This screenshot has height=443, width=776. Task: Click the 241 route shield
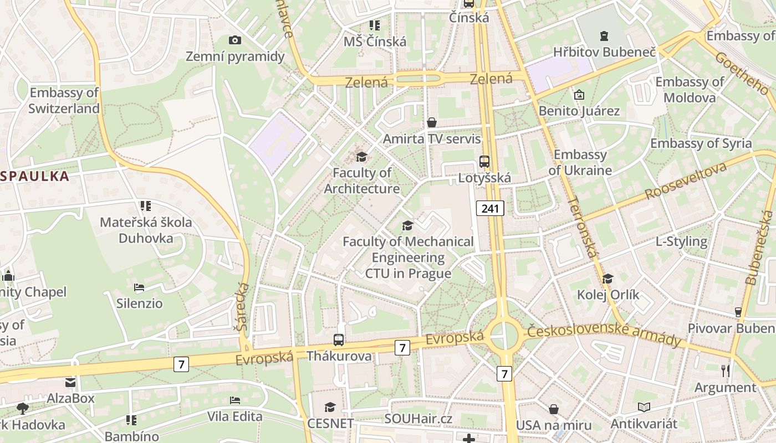click(490, 209)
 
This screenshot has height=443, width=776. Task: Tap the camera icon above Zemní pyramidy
click(235, 40)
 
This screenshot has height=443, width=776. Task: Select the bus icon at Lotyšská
click(484, 162)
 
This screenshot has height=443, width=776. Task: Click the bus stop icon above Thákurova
click(339, 340)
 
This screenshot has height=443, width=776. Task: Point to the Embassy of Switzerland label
click(64, 101)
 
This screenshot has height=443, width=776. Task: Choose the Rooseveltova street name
click(686, 182)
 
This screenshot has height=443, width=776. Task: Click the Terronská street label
click(584, 227)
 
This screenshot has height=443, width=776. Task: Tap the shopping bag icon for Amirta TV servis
click(432, 122)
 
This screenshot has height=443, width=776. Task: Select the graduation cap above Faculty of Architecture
click(362, 157)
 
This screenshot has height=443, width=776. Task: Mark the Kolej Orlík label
click(608, 295)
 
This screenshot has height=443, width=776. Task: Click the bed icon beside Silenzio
click(139, 287)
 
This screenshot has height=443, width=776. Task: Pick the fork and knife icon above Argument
click(726, 370)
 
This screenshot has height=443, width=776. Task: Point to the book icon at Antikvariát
click(644, 408)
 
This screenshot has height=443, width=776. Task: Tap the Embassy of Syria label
click(701, 143)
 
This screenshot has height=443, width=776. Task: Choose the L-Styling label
click(681, 241)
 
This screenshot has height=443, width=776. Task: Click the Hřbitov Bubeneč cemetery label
click(604, 53)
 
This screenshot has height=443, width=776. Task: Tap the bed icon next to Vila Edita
click(235, 400)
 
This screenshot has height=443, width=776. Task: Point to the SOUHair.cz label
click(418, 419)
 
